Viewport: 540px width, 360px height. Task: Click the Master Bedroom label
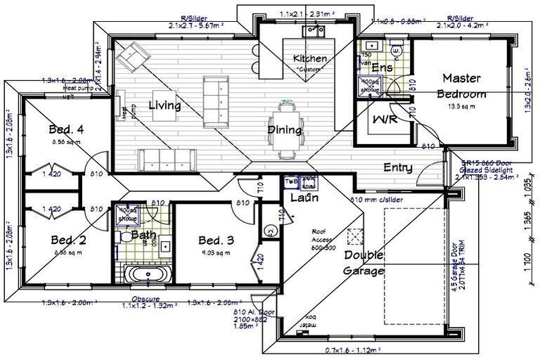(461, 85)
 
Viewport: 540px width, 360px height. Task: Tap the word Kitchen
(310, 58)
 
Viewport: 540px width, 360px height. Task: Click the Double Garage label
(364, 263)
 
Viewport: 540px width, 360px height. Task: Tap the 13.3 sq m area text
(462, 107)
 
